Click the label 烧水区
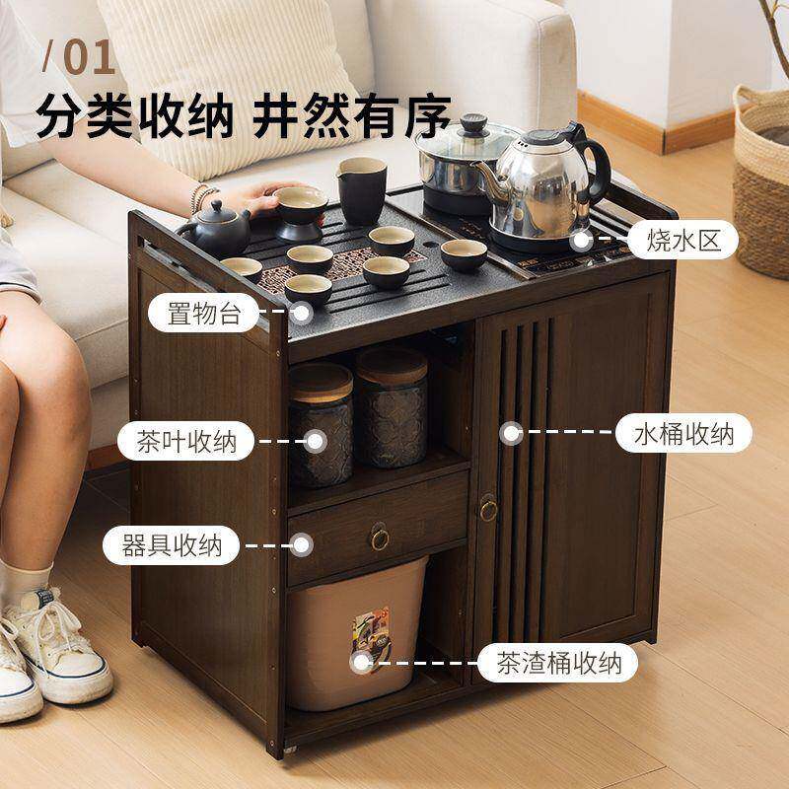tap(682, 240)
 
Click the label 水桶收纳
tap(683, 433)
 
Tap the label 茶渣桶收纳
tap(559, 663)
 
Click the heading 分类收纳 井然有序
tap(243, 116)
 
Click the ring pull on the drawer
tap(380, 538)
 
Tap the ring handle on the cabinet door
tap(488, 510)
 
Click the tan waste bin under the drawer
tap(358, 631)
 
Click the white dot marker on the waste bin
tap(361, 662)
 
